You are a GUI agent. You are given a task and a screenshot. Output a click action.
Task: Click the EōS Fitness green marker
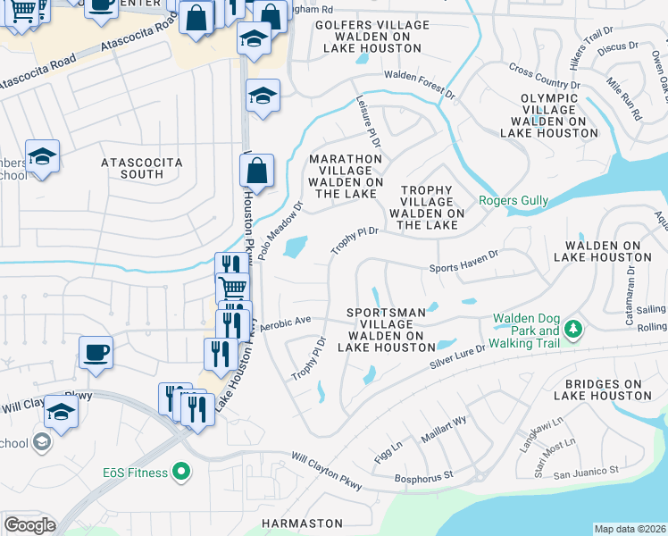pyautogui.click(x=181, y=469)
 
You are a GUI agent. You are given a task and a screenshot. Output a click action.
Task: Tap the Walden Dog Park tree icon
pyautogui.click(x=572, y=330)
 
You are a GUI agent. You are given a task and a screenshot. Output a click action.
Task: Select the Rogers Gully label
pyautogui.click(x=514, y=201)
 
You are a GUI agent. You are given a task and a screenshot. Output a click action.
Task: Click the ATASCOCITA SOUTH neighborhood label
pyautogui.click(x=142, y=168)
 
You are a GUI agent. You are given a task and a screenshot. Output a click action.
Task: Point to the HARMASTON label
pyautogui.click(x=302, y=523)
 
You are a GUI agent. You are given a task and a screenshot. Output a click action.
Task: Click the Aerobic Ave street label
pyautogui.click(x=285, y=321)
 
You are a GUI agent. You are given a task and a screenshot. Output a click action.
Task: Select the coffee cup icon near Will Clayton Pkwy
pyautogui.click(x=95, y=352)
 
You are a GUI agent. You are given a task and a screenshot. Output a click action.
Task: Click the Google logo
pyautogui.click(x=29, y=525)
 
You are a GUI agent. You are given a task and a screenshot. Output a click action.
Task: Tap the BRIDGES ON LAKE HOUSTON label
pyautogui.click(x=597, y=389)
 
